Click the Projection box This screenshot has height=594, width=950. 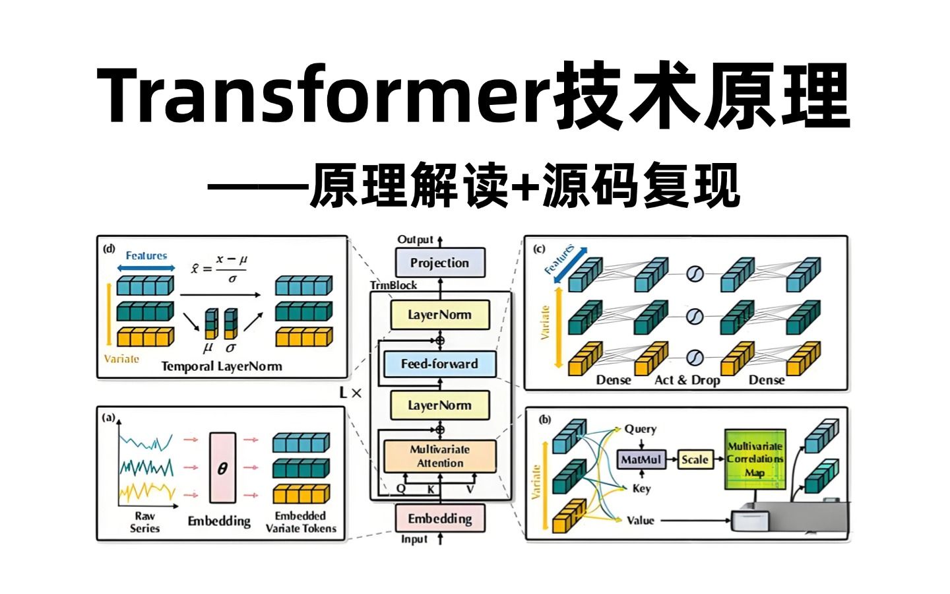coord(440,263)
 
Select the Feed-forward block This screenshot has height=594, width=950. coord(439,364)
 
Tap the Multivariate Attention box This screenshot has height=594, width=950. coord(439,456)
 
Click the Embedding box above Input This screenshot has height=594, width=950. coord(439,519)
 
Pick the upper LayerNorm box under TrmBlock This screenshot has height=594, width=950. coord(439,315)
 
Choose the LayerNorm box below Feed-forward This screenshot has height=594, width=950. coord(439,405)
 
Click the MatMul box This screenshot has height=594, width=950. coord(641,459)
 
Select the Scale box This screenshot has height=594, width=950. coord(695,459)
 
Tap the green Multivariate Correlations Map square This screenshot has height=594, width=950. coord(755,459)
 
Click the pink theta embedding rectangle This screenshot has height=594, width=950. coord(222,467)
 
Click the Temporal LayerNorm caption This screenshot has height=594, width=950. coord(222,366)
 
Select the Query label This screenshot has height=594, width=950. coord(640,429)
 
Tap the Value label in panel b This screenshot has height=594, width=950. coord(640,520)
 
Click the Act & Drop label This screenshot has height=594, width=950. coord(687,380)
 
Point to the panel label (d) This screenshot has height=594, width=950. coord(109,249)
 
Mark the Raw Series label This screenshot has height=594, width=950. coord(144,521)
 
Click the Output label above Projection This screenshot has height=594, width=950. coord(415,240)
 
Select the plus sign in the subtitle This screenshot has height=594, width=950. coord(525,187)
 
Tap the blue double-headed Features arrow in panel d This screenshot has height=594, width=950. coord(146,268)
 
